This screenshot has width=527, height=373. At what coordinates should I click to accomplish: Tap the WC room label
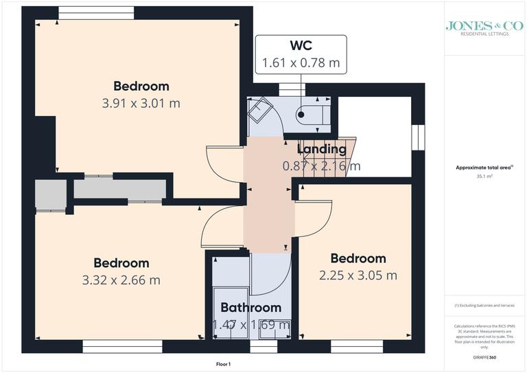[301, 46]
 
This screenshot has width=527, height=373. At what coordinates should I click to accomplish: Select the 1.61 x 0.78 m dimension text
[301, 63]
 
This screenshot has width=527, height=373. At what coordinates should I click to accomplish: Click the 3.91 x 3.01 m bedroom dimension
[141, 104]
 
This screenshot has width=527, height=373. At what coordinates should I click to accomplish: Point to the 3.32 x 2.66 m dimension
[121, 280]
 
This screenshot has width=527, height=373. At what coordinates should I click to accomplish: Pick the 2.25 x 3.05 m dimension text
[358, 275]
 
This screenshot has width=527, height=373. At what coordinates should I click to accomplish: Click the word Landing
[321, 149]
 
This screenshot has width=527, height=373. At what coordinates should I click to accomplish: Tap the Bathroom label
[250, 308]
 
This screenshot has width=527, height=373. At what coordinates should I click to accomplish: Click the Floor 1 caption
[223, 364]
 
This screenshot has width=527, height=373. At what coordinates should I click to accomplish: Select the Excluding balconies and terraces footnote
[484, 305]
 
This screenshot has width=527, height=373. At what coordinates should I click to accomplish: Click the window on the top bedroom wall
[95, 12]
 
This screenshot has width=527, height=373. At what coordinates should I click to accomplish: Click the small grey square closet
[50, 194]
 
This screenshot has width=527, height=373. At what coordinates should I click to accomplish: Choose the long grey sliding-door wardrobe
[120, 189]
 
